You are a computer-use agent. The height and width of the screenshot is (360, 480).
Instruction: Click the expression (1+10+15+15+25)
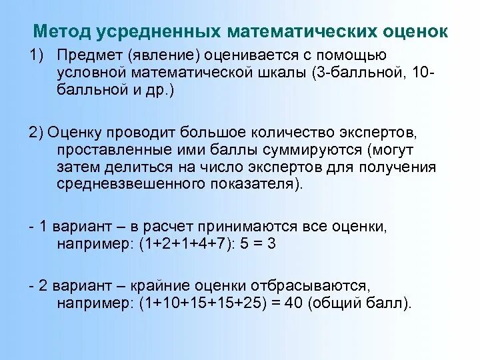(199, 303)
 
